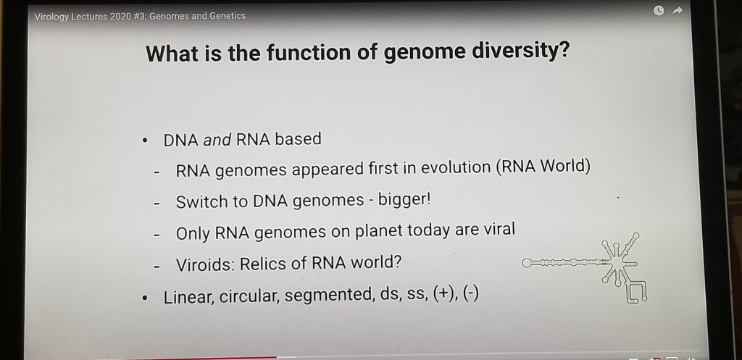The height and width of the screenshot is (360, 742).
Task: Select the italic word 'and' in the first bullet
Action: (x=217, y=140)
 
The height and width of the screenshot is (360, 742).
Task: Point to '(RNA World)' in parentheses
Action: (x=543, y=167)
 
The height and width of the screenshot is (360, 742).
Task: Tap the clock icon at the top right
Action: (x=658, y=10)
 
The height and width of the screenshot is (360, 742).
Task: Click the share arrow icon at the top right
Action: (x=678, y=10)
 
